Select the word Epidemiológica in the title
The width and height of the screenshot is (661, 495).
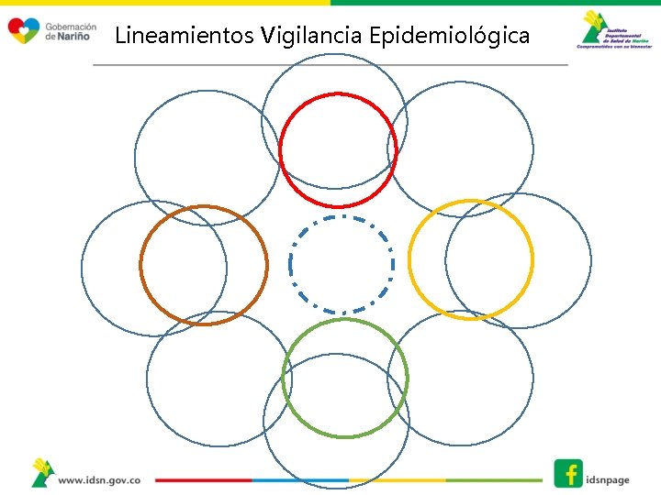click(x=449, y=36)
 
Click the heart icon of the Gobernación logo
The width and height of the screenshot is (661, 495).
click(x=23, y=31)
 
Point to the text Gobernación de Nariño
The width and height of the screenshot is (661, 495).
click(x=70, y=31)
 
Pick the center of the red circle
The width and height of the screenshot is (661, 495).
click(x=338, y=149)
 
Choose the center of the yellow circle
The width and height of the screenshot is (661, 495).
click(x=470, y=259)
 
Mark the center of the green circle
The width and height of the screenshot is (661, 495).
click(x=344, y=377)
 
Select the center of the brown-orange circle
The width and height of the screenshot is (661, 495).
click(x=204, y=265)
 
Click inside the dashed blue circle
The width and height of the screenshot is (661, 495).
click(x=342, y=265)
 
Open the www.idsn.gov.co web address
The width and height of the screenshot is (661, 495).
click(x=99, y=479)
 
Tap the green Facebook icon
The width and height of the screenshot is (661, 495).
click(x=568, y=473)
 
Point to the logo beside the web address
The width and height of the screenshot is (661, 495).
click(x=41, y=473)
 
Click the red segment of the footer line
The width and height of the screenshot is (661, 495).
click(x=203, y=479)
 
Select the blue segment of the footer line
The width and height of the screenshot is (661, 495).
click(x=300, y=479)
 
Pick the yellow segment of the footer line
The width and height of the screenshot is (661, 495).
click(x=397, y=479)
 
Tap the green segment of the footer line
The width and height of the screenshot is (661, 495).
click(x=494, y=479)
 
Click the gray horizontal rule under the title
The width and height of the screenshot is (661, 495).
click(x=330, y=65)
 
